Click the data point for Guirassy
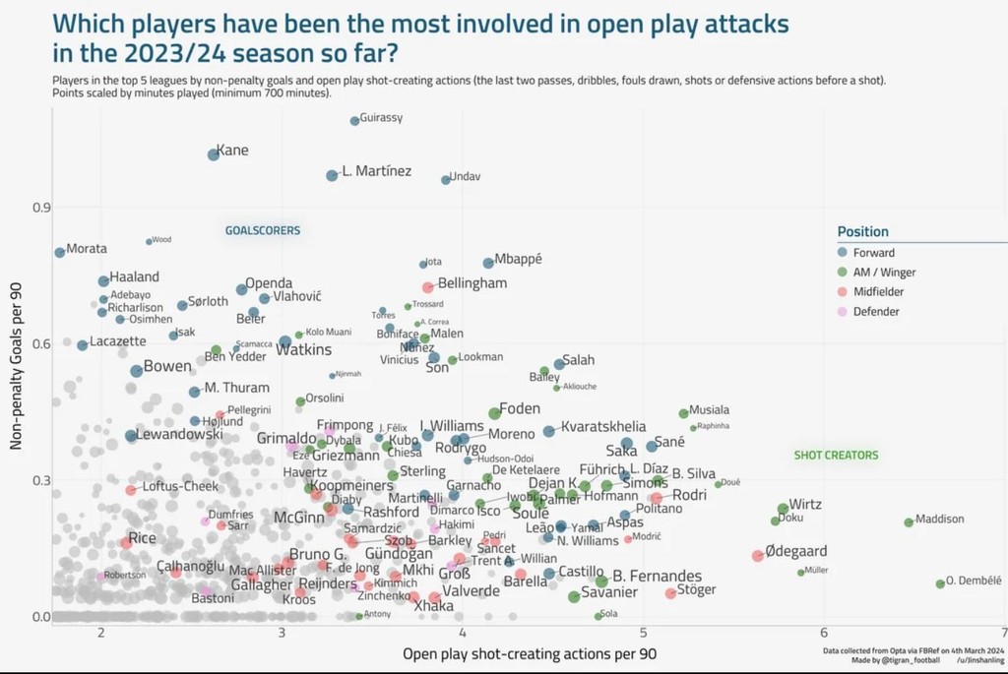point(354,121)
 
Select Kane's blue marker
point(214,154)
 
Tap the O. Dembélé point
point(940,583)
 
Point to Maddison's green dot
point(909,522)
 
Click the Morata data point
point(60,253)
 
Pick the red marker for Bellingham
point(428,287)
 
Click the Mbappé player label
point(519,261)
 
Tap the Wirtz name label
point(805,505)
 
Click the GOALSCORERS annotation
point(263,231)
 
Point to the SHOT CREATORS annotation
point(836,456)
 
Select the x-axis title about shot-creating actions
point(530,653)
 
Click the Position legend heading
point(862,231)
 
